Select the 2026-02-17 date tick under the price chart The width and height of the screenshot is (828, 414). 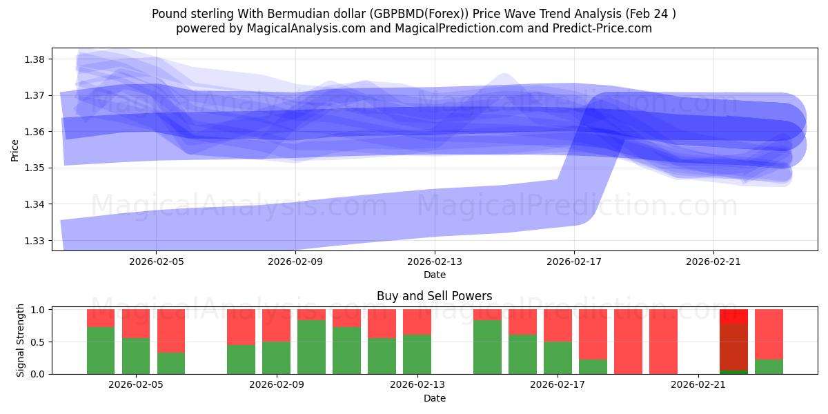coord(574,262)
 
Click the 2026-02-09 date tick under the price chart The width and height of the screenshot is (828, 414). coord(295,262)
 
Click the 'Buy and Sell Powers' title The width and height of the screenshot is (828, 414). coord(434,296)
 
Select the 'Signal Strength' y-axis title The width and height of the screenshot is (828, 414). coord(21,339)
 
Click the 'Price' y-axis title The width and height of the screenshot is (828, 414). coord(15,149)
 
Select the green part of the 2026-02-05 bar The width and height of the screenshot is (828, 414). coord(136,356)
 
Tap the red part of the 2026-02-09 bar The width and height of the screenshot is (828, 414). coord(276,325)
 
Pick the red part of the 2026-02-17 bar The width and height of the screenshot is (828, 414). coord(558,325)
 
